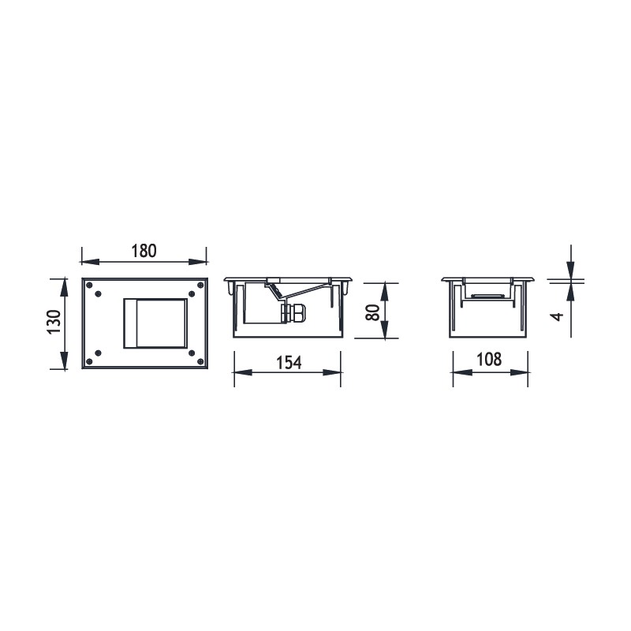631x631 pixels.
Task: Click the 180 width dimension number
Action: (144, 251)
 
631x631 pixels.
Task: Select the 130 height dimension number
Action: (54, 323)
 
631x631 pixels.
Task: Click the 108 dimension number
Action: (489, 360)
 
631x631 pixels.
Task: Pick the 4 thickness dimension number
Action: (558, 315)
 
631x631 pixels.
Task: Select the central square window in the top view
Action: (154, 323)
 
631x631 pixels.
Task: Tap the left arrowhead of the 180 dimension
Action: (86, 259)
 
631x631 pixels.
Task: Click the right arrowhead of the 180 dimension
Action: (203, 259)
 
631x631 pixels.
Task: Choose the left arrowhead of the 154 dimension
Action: (237, 373)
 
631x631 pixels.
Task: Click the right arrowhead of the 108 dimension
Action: (523, 373)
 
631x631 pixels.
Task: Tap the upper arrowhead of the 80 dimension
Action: (386, 286)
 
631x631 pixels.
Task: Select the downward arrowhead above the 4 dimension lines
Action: (569, 273)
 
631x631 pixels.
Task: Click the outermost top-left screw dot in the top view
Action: (89, 285)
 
